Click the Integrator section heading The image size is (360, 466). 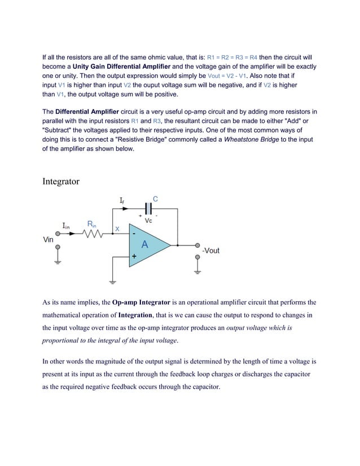61,182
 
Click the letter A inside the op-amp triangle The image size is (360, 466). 144,245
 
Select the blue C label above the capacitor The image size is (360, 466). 156,199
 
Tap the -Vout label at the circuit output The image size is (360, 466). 210,250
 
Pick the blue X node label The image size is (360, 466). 117,228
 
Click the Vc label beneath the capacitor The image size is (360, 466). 148,220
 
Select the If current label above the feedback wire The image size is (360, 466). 122,200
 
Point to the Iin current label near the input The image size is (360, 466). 66,226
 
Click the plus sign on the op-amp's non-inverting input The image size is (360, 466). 134,256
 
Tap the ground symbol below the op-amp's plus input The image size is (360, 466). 113,280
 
